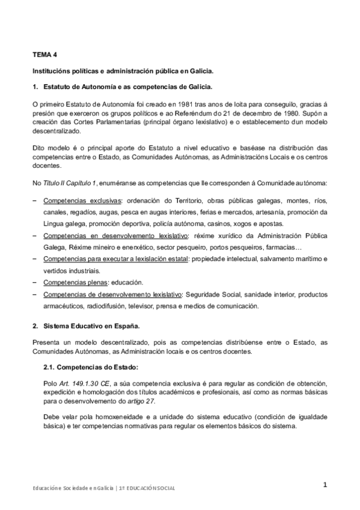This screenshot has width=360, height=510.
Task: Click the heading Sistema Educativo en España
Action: [90, 326]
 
